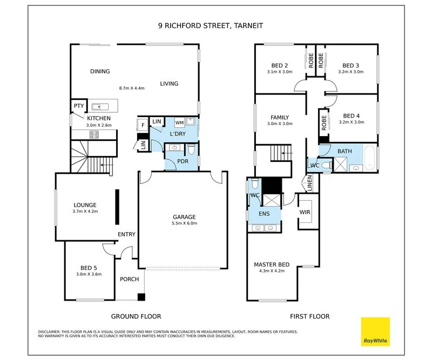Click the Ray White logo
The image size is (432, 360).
[x=375, y=331]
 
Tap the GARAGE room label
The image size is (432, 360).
[x=184, y=217]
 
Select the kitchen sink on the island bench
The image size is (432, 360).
[x=100, y=107]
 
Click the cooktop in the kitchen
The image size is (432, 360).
[x=94, y=135]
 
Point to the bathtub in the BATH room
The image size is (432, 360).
[x=369, y=158]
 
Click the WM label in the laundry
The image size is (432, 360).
[x=179, y=123]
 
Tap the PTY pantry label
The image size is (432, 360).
[x=79, y=106]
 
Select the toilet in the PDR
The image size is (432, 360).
[x=191, y=149]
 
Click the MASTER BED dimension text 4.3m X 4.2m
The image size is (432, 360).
[x=272, y=271]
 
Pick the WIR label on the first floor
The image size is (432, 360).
[x=305, y=212]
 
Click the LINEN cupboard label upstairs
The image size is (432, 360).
[x=309, y=183]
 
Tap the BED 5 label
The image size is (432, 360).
[x=89, y=268]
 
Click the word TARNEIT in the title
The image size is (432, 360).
[x=248, y=25]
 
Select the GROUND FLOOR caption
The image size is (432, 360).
[x=136, y=316]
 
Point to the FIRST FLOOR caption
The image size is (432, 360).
[x=309, y=316]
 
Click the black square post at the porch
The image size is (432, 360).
[x=141, y=297]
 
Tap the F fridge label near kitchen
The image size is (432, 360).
[x=143, y=125]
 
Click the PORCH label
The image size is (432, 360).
[x=130, y=279]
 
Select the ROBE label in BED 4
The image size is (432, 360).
[x=323, y=123]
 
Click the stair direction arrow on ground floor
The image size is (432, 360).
[x=106, y=165]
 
